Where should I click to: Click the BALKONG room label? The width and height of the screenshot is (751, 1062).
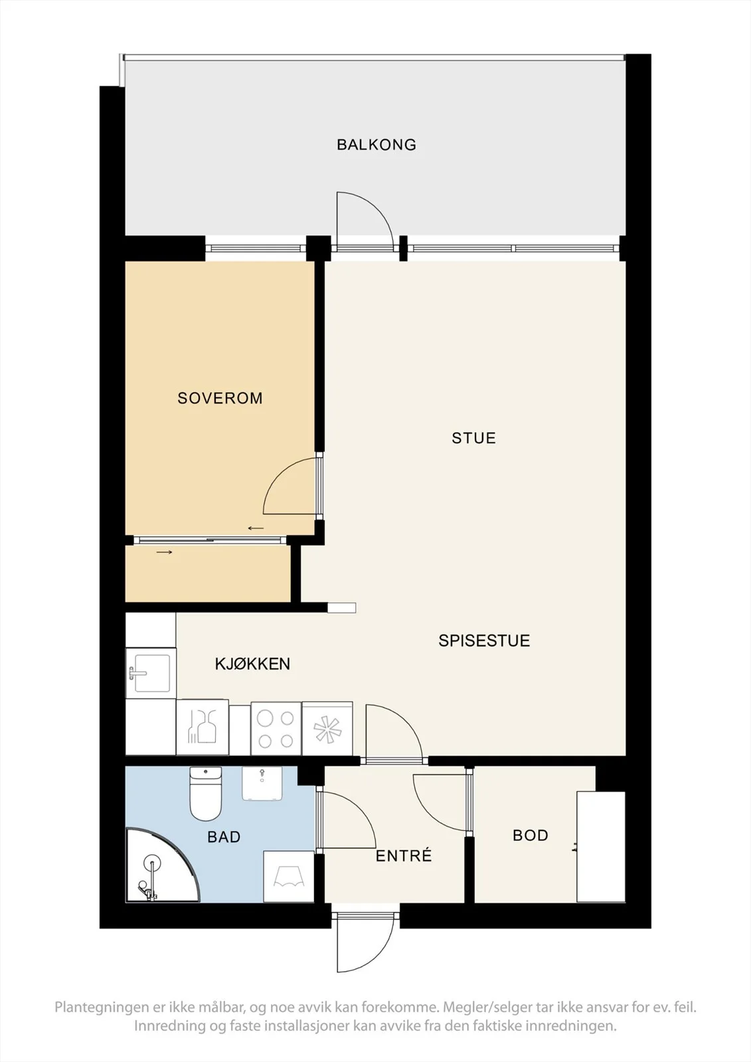[376, 145]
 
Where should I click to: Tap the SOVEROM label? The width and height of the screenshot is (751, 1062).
[220, 398]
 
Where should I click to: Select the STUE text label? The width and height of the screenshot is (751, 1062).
[473, 438]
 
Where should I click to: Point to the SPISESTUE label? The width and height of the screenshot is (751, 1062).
[484, 641]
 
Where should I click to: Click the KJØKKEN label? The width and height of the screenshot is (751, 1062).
[252, 664]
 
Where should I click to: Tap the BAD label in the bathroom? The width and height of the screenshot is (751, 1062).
[224, 837]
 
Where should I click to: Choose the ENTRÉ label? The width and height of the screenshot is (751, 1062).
[404, 856]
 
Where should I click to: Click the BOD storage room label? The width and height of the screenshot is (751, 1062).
[531, 835]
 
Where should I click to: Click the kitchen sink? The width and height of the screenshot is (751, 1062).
[150, 673]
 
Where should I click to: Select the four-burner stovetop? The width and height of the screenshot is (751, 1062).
[276, 729]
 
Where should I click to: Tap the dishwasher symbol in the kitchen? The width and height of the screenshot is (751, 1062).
[203, 727]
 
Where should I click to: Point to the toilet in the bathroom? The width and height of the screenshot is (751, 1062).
[205, 794]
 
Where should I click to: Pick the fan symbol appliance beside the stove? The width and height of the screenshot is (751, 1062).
[327, 729]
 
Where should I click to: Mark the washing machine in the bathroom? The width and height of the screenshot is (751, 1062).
[288, 877]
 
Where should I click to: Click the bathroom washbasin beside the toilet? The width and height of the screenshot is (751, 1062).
[262, 784]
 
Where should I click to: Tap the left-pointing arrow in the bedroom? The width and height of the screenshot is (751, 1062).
[256, 528]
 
